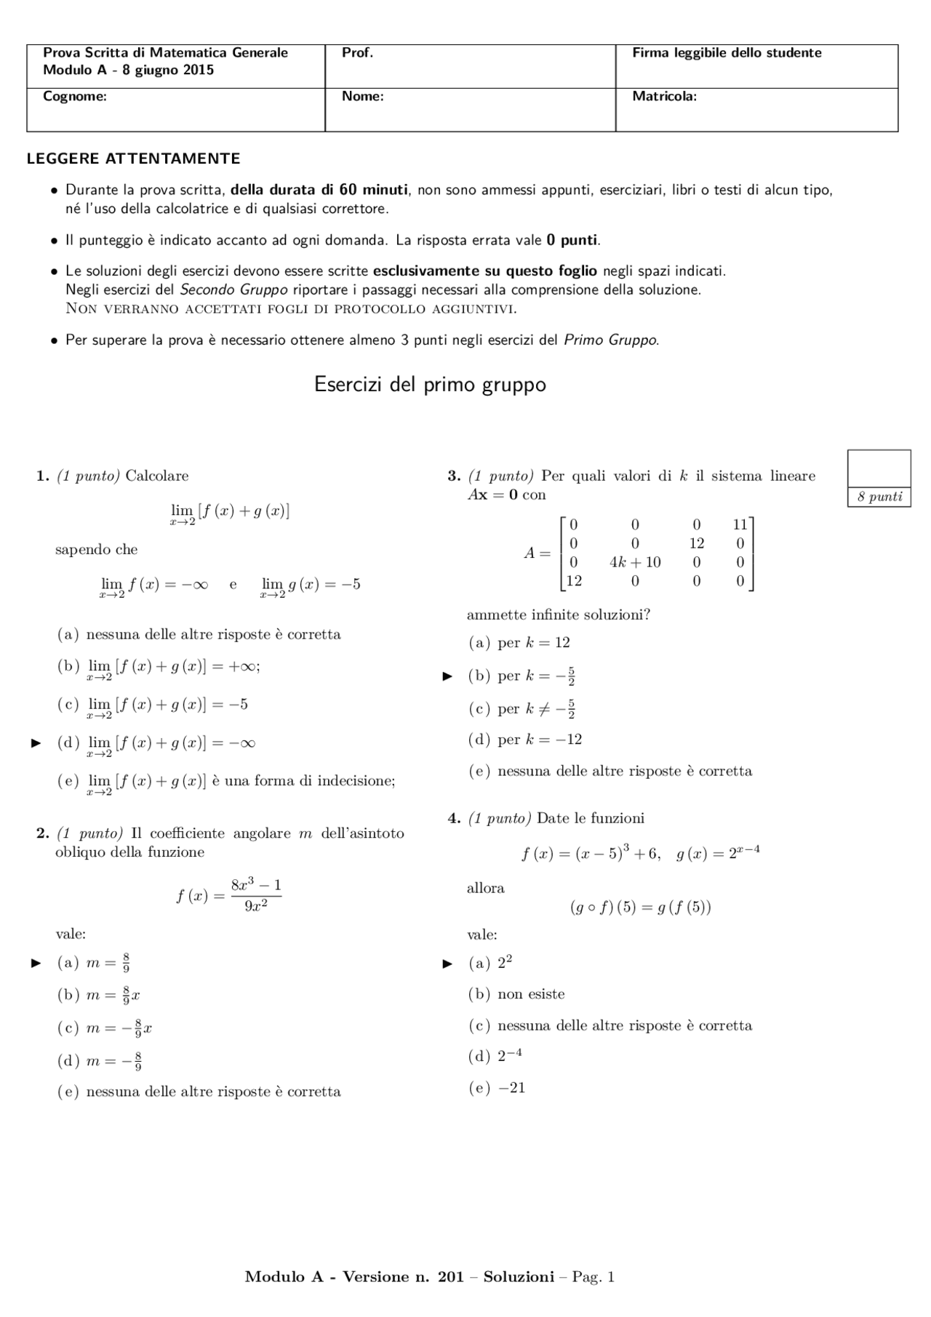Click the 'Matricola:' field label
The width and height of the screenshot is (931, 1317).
tap(663, 96)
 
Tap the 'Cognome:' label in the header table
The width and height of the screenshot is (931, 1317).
tap(74, 96)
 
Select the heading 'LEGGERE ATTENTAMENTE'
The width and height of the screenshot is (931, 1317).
tap(133, 159)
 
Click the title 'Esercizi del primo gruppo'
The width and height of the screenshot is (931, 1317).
tap(429, 384)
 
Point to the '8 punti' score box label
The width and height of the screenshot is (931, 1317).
tap(879, 497)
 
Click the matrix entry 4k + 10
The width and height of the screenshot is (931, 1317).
tap(634, 562)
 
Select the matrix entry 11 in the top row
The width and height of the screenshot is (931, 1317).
tap(740, 524)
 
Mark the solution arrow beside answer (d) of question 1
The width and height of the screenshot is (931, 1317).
tap(36, 743)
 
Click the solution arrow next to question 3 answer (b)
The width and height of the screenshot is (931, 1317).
tap(447, 676)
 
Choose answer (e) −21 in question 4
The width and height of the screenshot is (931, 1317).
tap(497, 1088)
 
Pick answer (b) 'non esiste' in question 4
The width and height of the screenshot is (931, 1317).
tap(516, 994)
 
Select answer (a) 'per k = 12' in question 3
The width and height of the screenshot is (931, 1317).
tap(519, 643)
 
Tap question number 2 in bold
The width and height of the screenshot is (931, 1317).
tap(42, 833)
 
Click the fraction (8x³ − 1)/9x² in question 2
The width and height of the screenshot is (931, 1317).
tap(255, 895)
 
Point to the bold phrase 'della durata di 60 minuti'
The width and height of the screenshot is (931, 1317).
tap(319, 190)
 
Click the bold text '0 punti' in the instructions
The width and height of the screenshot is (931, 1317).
tap(572, 240)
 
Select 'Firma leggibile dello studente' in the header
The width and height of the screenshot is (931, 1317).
tap(726, 53)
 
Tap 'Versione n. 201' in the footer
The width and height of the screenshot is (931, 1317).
tap(402, 1277)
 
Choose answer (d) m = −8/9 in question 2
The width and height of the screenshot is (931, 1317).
tap(100, 1061)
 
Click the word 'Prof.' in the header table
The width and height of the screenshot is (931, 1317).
tap(357, 53)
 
